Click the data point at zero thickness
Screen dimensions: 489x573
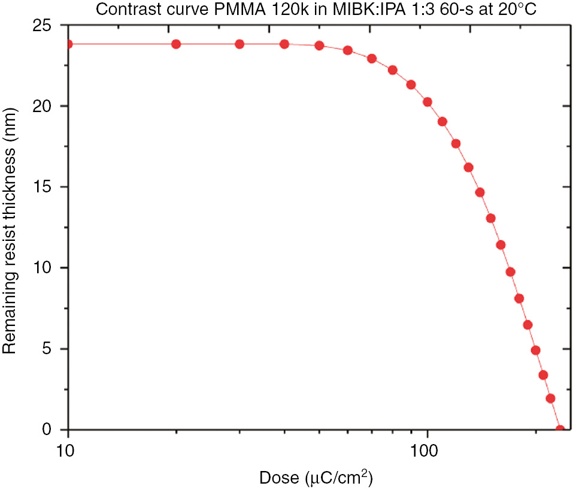[x=560, y=429]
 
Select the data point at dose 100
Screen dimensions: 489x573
[x=428, y=102]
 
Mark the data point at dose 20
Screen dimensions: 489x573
[x=176, y=44]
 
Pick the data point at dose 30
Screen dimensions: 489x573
[x=239, y=44]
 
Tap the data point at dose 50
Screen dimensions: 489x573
[x=319, y=46]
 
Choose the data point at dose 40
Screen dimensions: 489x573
[x=284, y=44]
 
